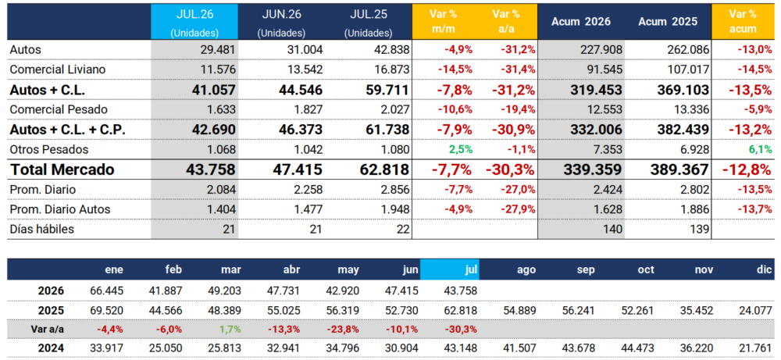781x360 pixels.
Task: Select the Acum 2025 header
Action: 668,22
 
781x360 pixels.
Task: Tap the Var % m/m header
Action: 443,21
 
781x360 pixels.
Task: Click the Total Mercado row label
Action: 62,169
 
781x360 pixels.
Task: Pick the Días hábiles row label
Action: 42,229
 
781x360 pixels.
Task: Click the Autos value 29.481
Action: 215,50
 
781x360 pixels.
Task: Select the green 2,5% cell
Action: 460,149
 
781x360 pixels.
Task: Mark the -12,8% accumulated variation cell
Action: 746,169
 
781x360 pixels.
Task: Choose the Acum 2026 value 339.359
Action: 594,169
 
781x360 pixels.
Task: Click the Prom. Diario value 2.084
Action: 218,189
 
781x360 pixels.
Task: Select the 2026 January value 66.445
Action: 106,290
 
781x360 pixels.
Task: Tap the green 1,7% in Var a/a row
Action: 230,329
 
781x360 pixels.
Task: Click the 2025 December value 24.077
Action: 756,310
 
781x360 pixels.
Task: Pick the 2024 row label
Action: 51,348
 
